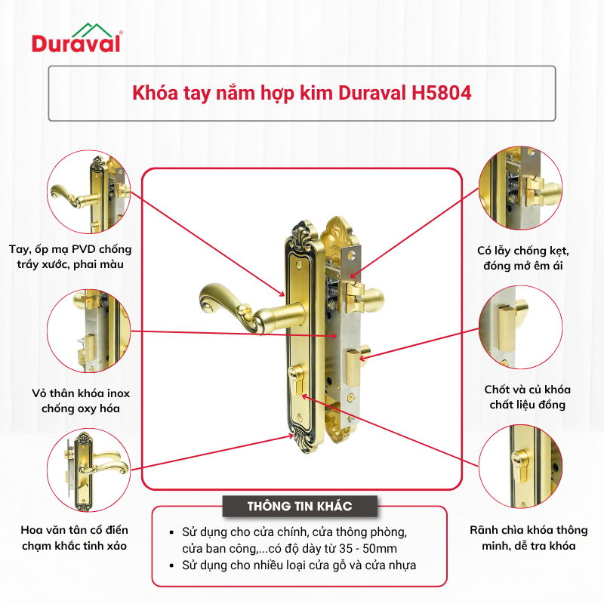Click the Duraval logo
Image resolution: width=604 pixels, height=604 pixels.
coord(77,38)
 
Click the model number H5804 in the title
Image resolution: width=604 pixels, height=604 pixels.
coord(442,93)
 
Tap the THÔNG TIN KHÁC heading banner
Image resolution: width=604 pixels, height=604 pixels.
coord(300,506)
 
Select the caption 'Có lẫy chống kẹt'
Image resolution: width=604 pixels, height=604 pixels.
coord(522,251)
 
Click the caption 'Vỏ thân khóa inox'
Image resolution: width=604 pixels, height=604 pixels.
coord(81,393)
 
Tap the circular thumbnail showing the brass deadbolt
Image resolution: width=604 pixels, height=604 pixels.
coord(520,328)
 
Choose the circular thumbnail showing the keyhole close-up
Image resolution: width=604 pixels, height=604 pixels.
coord(520,467)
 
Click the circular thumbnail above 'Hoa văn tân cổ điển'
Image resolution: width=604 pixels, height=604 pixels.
coord(88,470)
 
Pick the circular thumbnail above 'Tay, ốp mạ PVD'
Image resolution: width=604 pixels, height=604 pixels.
coord(88,192)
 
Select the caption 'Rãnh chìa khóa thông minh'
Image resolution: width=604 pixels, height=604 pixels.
coord(528,538)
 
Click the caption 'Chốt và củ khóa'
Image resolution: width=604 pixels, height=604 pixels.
coord(527,390)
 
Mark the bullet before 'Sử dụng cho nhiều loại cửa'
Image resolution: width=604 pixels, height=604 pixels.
coord(172,565)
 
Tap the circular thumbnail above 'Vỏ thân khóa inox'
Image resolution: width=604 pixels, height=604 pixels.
coord(88,331)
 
